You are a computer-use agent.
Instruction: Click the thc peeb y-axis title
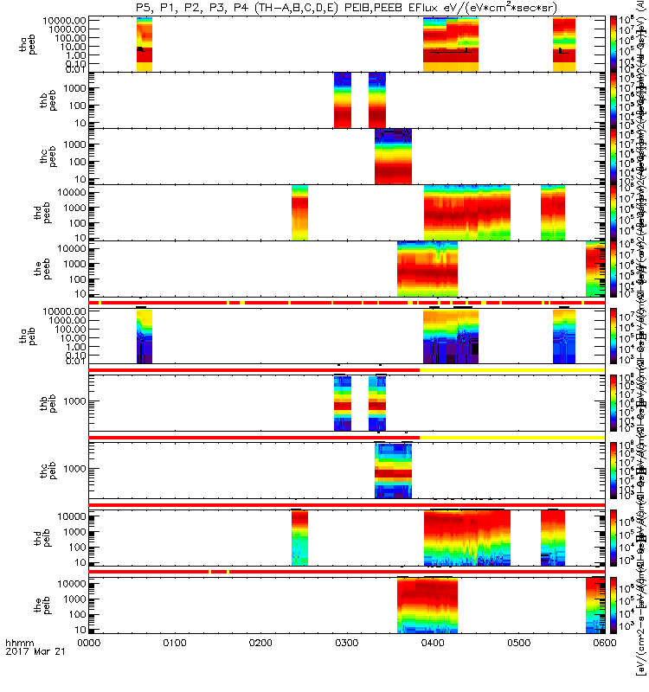tap(28, 156)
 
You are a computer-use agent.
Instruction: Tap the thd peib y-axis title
tap(28, 538)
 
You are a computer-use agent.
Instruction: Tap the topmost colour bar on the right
tap(614, 43)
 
